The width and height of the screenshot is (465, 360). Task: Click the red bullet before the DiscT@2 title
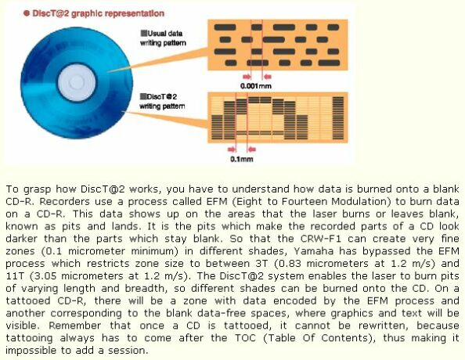27,13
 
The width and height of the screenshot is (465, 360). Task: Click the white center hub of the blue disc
77,82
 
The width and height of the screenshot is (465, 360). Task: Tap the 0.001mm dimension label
256,86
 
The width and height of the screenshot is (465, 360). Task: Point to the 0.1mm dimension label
242,159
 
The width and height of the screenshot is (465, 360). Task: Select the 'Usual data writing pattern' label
163,38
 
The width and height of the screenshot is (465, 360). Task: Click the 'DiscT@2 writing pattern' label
162,102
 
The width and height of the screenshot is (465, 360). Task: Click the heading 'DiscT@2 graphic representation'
98,13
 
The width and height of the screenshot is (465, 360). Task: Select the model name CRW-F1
321,239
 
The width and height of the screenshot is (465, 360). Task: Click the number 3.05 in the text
45,276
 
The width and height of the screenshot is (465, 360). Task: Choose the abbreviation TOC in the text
245,338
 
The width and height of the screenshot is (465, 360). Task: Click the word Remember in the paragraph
74,326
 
